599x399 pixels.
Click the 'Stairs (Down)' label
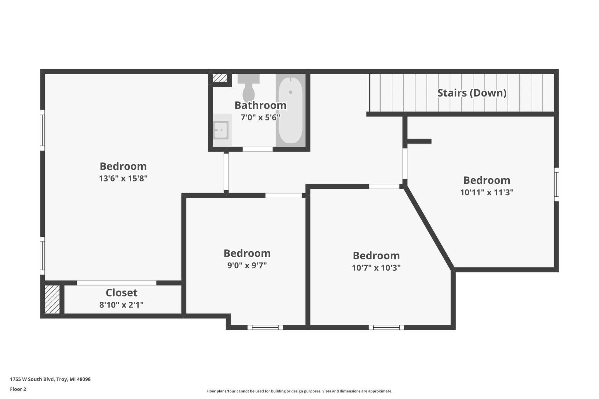[472, 93]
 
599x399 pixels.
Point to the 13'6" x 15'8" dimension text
[123, 178]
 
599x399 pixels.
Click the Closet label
[121, 293]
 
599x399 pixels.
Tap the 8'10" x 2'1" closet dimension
[121, 305]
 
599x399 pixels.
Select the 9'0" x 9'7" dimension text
[247, 265]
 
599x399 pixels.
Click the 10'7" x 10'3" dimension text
[376, 268]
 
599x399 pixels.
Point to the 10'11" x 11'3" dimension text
[487, 192]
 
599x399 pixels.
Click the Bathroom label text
[260, 105]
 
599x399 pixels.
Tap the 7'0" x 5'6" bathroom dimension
[260, 118]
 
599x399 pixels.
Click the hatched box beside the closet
[52, 299]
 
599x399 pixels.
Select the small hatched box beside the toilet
[220, 78]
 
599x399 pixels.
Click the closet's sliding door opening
[116, 283]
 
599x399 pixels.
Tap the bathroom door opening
[257, 149]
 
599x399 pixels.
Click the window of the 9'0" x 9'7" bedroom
[265, 327]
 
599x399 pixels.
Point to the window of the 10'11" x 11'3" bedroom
[556, 184]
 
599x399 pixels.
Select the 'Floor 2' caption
[18, 389]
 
